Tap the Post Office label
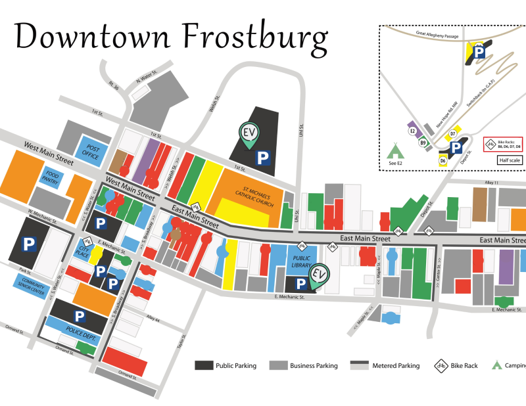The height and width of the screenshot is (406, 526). [x=89, y=152]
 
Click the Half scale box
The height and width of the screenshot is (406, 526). [x=510, y=160]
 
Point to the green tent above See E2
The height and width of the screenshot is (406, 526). [x=396, y=149]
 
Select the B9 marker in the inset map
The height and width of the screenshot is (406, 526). [x=424, y=143]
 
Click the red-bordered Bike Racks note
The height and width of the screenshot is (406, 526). [x=503, y=143]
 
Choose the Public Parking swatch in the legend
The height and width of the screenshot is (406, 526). [x=204, y=365]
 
